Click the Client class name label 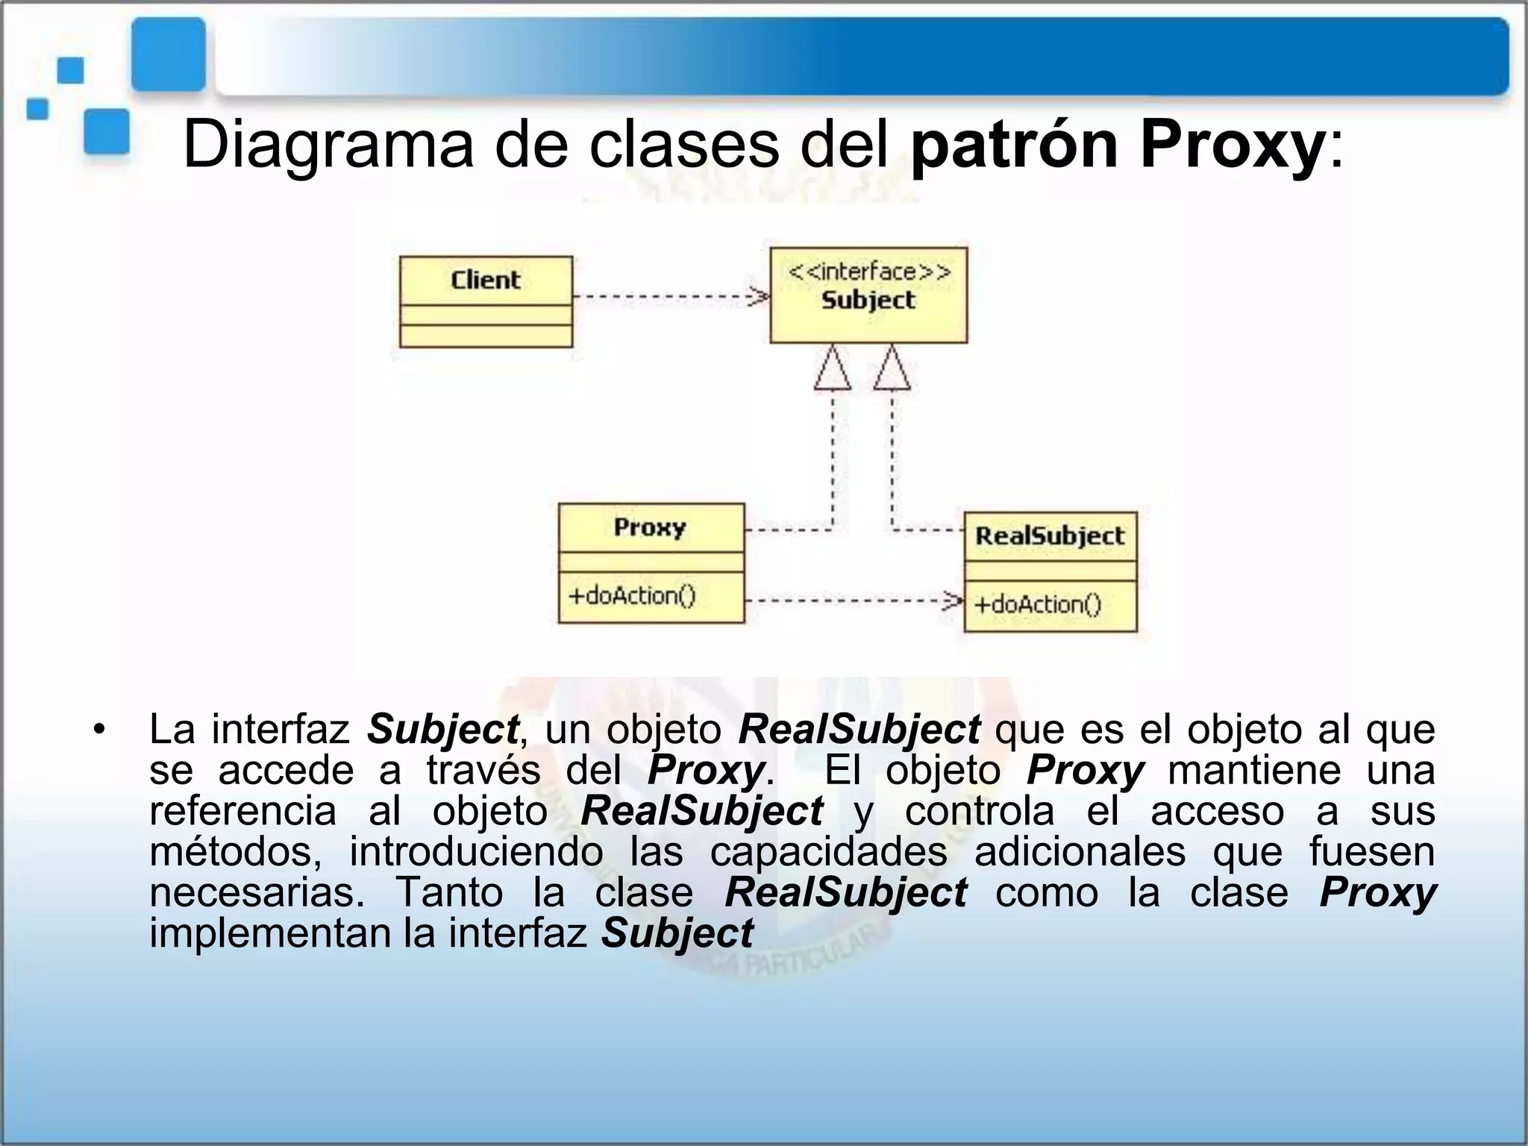click(x=485, y=280)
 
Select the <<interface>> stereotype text click(x=869, y=272)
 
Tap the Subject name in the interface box click(x=868, y=300)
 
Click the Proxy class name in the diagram click(x=649, y=527)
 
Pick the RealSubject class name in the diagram click(x=1049, y=536)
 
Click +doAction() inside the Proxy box click(x=631, y=595)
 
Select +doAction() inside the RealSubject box click(x=1037, y=604)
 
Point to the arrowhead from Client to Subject click(x=760, y=297)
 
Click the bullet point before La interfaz click(x=98, y=730)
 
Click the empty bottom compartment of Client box click(x=486, y=336)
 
